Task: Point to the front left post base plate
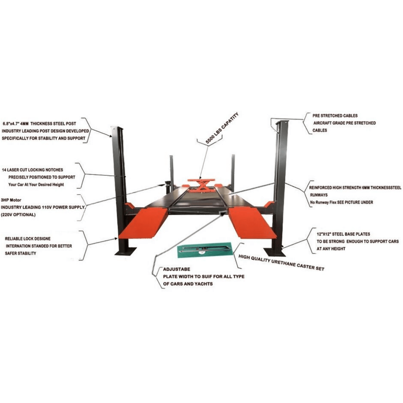[x=125, y=251]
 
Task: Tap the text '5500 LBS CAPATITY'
[x=222, y=128]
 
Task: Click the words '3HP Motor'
[x=11, y=200]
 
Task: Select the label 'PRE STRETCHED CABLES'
[x=335, y=116]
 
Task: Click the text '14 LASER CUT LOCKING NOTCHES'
[x=32, y=170]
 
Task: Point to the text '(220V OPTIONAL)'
[x=18, y=214]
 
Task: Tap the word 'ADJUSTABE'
[x=177, y=269]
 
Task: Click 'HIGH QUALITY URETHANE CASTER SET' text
[x=281, y=263]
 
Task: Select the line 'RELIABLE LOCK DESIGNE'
[x=28, y=239]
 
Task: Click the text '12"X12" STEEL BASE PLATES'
[x=343, y=234]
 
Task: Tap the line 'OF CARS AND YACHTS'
[x=188, y=284]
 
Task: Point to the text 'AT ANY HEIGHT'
[x=331, y=249]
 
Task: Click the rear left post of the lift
[x=172, y=171]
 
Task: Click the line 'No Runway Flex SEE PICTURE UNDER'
[x=342, y=202]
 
